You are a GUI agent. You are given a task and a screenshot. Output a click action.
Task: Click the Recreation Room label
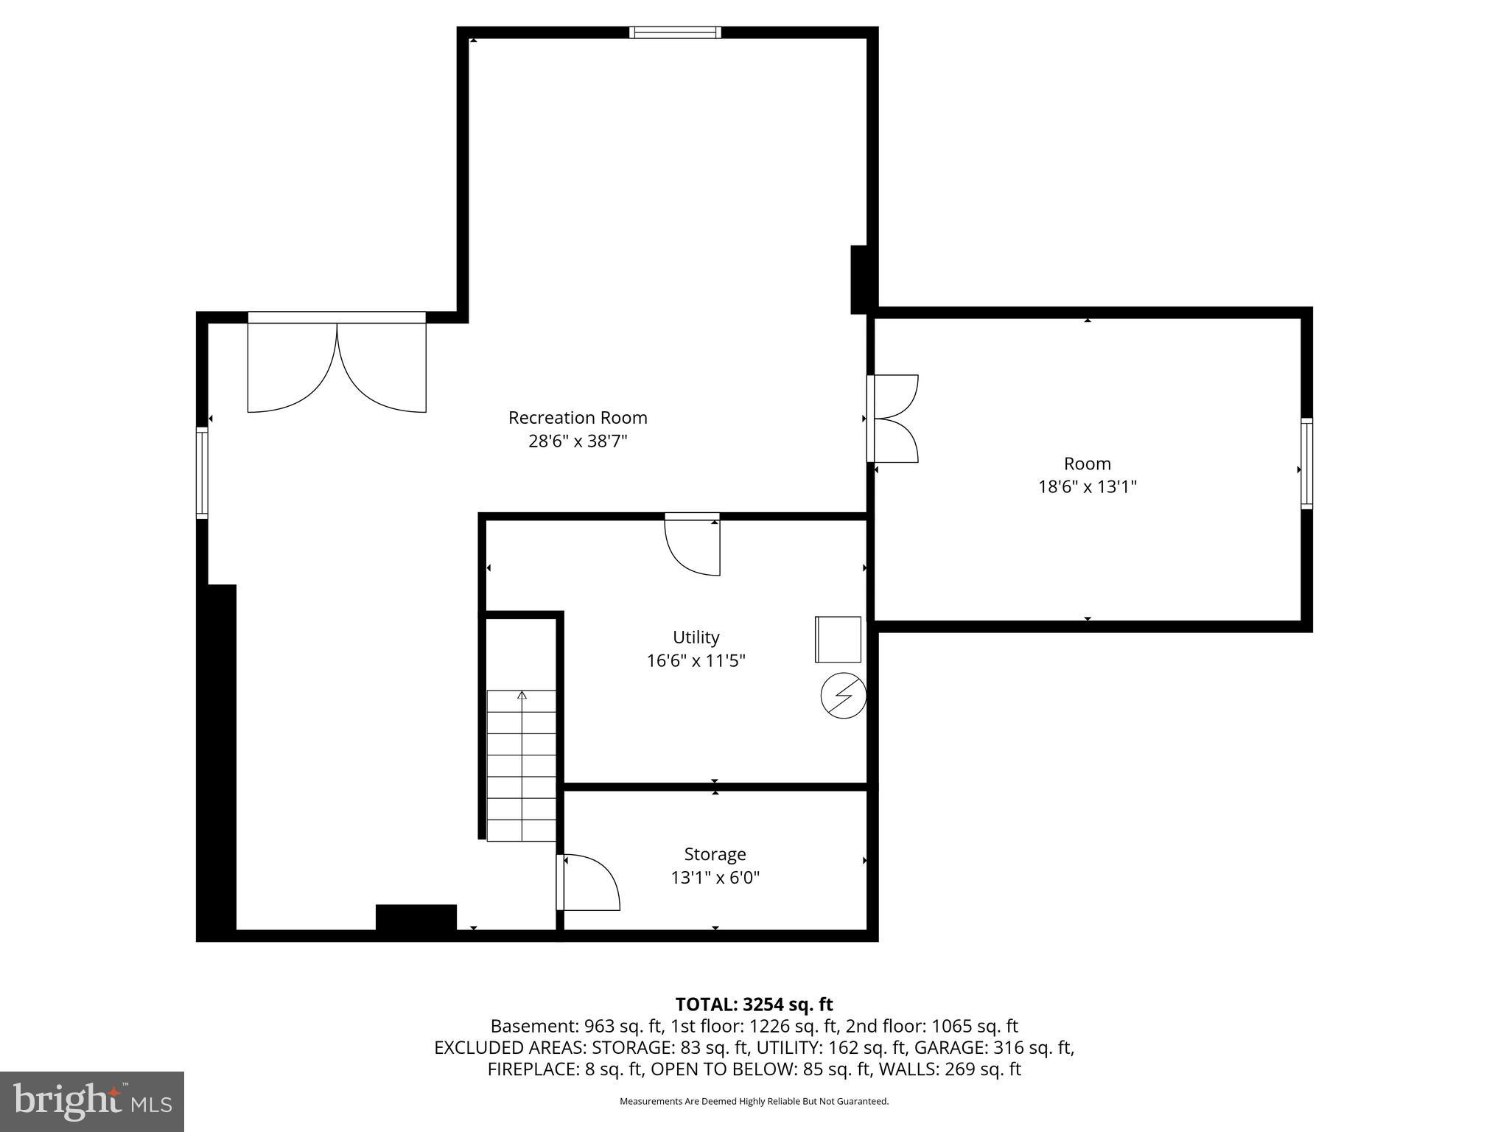point(578,418)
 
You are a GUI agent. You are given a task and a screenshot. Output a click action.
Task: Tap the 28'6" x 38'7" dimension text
point(578,441)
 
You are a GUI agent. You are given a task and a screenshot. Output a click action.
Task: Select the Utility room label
point(696,637)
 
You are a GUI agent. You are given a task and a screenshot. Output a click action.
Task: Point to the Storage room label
point(715,854)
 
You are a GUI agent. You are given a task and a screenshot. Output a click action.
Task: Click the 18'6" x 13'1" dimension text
point(1088,487)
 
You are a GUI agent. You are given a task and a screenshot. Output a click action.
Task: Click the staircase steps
point(522,766)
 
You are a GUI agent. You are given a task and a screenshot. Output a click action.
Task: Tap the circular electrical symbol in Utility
point(843,695)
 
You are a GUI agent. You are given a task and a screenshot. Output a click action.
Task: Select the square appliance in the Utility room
point(838,639)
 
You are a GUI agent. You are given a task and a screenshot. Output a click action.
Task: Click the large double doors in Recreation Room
point(337,365)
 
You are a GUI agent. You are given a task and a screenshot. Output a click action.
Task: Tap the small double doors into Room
point(893,419)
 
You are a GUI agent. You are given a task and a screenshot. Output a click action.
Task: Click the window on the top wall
point(675,32)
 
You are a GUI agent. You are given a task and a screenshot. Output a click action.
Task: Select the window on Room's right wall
point(1306,463)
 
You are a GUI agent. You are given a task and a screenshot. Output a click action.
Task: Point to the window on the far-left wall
point(201,472)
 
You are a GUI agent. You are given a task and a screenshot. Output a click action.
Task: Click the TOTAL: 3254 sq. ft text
point(754,1005)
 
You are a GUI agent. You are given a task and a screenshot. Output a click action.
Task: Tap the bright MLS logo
point(92,1102)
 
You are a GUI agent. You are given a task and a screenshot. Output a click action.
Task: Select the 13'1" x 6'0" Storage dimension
point(715,878)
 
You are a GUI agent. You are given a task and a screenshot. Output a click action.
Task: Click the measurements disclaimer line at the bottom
point(754,1102)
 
